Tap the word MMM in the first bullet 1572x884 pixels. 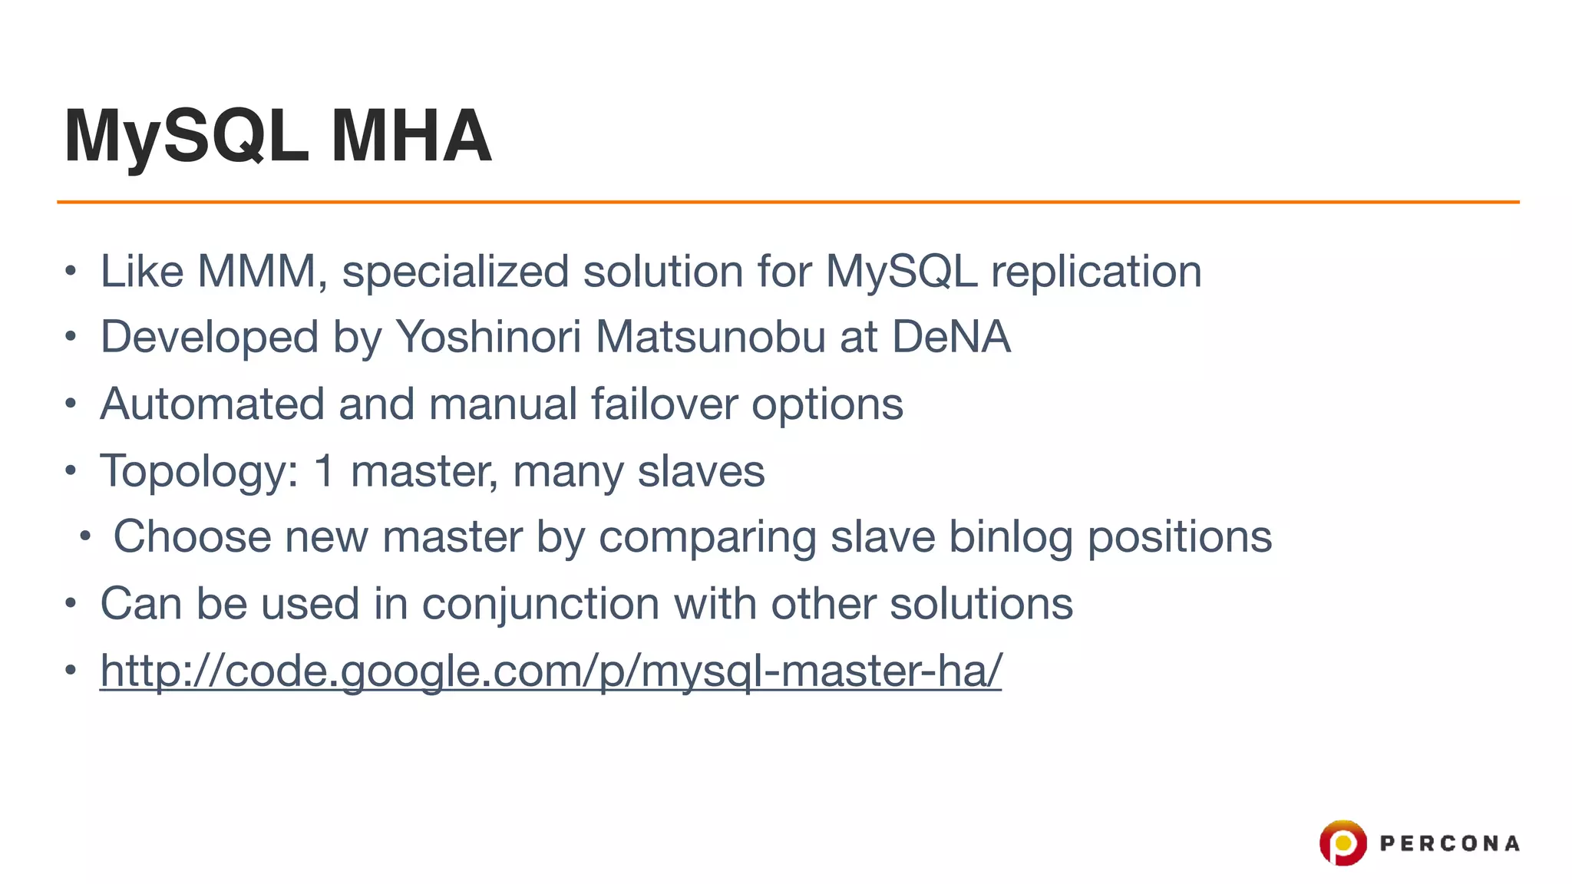tap(257, 272)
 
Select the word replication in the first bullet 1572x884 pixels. tap(1096, 272)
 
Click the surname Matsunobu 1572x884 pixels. tap(710, 338)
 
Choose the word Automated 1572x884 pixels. tap(213, 404)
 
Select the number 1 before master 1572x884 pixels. tap(325, 471)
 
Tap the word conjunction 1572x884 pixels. tap(540, 605)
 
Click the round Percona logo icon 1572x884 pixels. tap(1342, 843)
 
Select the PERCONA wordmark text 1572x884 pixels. tap(1449, 844)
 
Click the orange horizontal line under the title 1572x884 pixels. tap(788, 202)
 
